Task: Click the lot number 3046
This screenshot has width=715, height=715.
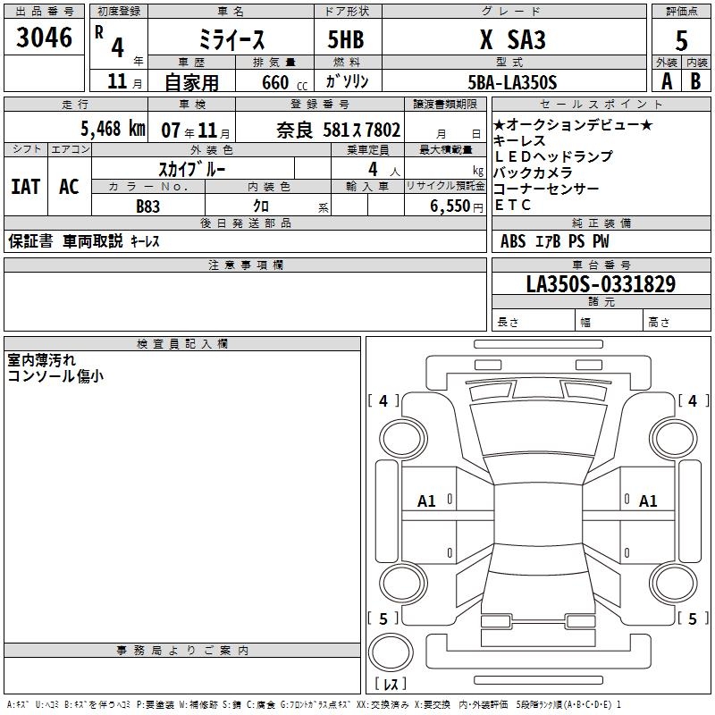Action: point(44,38)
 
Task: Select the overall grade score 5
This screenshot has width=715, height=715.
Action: point(681,41)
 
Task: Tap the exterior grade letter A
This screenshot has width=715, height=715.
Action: point(667,81)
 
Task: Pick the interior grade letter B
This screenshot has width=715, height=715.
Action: point(695,81)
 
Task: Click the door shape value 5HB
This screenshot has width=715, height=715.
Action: point(346,39)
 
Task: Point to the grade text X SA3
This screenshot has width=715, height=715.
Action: point(513,39)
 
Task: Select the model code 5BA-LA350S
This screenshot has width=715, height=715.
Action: point(512,82)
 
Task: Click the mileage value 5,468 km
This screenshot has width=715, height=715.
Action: point(114,129)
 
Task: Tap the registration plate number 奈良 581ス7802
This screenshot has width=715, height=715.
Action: point(339,130)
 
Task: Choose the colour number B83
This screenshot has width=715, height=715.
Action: point(148,206)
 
